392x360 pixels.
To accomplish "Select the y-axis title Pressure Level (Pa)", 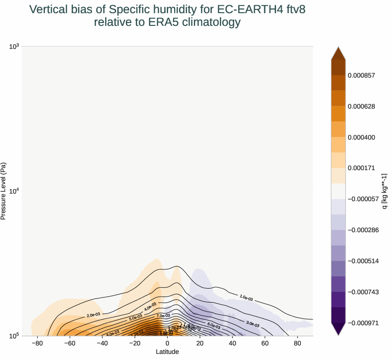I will [4, 191].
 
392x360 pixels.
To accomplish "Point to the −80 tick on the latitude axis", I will [37, 343].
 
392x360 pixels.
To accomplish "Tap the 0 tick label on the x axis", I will [167, 343].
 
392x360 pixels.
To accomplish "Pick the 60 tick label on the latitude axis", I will [265, 343].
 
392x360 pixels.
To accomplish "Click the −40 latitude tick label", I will [102, 343].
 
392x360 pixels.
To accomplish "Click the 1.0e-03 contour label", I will [246, 298].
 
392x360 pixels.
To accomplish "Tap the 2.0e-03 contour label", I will [93, 314].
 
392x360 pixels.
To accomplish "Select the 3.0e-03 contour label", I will [253, 323].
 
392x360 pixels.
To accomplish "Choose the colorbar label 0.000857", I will [361, 75].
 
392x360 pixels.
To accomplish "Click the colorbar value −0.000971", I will [363, 323].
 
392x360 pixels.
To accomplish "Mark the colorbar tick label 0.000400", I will [361, 137].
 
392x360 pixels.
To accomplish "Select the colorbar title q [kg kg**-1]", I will [384, 191].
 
